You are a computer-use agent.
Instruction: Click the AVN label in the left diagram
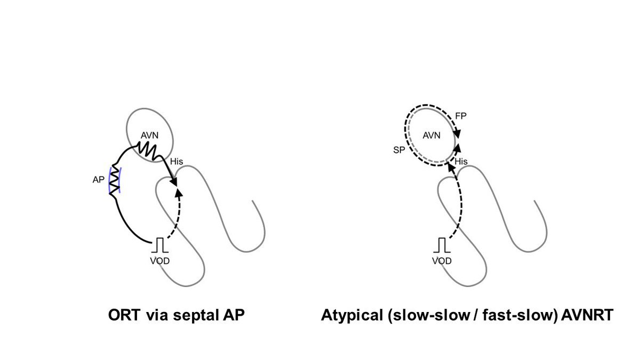[150, 136]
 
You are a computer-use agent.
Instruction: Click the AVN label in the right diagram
[431, 135]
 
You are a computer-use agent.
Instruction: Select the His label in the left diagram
[177, 161]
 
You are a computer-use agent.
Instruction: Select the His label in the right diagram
[461, 161]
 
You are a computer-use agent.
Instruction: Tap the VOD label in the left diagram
[159, 261]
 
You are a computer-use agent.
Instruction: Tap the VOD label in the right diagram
[442, 261]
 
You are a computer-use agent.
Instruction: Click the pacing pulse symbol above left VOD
[159, 246]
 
